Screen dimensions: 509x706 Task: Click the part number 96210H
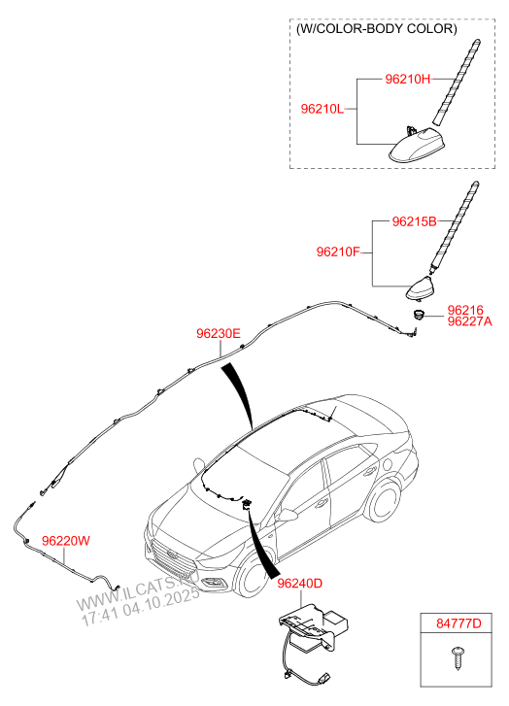click(407, 80)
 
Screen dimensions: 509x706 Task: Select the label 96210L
click(322, 109)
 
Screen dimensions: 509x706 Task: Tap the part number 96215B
click(414, 221)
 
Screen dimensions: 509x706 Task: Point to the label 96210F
click(338, 252)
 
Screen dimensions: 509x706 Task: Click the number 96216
click(465, 310)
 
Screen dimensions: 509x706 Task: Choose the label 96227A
click(469, 321)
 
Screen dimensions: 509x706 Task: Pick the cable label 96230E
click(219, 334)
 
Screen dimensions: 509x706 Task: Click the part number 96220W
click(66, 541)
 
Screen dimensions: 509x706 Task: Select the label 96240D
click(300, 584)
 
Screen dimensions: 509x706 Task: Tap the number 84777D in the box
click(458, 623)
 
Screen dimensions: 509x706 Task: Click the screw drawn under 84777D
click(458, 658)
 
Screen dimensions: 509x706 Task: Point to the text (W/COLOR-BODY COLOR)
click(377, 29)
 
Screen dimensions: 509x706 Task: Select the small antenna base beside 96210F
click(421, 288)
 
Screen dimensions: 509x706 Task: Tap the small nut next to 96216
click(420, 314)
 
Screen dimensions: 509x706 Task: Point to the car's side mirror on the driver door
click(288, 514)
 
